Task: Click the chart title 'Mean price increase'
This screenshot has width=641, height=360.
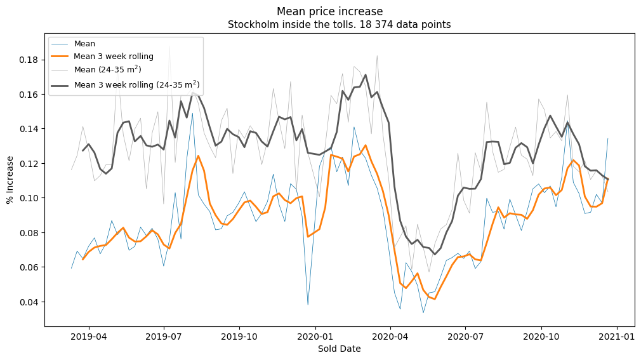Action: coord(329,11)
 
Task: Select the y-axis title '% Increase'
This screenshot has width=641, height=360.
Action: coord(11,180)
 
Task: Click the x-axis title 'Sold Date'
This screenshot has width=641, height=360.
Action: coord(339,349)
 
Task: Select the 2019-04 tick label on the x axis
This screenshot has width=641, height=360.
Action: coord(89,336)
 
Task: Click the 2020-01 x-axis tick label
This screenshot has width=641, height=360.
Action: coord(315,336)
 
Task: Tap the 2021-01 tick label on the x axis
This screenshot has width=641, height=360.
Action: coord(617,336)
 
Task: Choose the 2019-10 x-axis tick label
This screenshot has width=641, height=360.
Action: coord(240,336)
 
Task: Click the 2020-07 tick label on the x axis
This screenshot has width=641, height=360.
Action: coord(465,336)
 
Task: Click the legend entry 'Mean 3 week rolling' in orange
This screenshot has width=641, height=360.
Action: coord(114,56)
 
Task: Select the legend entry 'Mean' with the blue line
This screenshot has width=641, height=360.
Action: coord(84,44)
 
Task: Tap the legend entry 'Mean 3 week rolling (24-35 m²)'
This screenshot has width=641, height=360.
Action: coord(138,84)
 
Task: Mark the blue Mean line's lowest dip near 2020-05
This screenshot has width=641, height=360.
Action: coord(423,313)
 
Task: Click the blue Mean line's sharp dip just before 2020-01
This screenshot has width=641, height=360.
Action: coord(308,305)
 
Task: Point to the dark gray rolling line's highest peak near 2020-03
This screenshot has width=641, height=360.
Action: coord(366,75)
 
